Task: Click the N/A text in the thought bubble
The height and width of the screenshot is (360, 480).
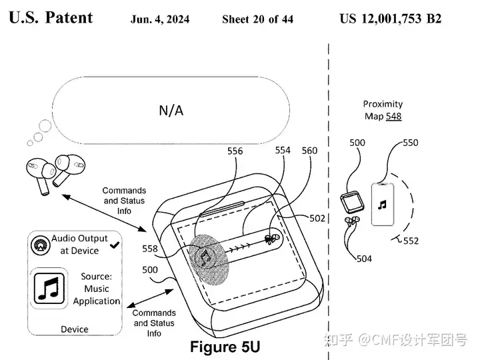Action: (171, 110)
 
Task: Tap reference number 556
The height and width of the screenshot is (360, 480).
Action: (235, 151)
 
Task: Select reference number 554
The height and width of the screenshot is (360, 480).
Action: (283, 150)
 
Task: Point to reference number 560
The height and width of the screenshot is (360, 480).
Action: (309, 151)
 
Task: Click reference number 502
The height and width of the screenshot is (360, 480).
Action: (317, 218)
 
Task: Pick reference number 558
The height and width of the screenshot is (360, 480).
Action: (150, 249)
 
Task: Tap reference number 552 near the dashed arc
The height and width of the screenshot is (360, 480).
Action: (411, 241)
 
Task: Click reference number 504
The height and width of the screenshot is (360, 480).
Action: (364, 259)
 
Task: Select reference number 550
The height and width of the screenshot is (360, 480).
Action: (411, 143)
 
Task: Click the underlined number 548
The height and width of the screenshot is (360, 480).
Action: (394, 116)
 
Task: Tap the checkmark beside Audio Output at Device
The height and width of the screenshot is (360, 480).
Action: (115, 245)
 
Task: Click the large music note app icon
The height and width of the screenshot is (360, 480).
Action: (49, 289)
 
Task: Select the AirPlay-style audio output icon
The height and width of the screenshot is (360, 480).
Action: (40, 245)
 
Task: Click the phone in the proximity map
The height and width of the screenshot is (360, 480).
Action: (383, 204)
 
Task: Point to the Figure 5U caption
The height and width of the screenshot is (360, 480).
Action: (225, 347)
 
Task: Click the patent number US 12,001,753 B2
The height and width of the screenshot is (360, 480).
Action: (391, 19)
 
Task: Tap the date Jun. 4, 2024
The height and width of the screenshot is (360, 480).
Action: (160, 19)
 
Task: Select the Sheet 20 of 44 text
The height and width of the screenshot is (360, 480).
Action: (258, 19)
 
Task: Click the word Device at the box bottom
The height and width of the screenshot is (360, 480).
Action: (75, 329)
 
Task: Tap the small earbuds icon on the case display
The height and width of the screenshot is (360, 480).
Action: (272, 239)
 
